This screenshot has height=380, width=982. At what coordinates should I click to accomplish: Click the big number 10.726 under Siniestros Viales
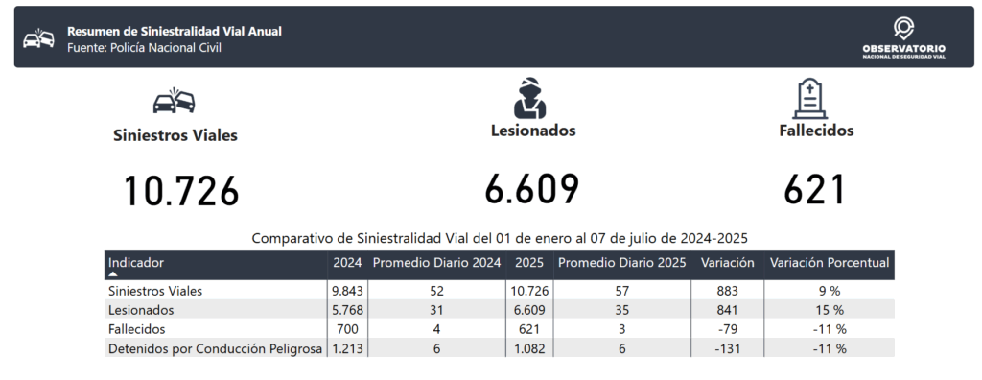pyautogui.click(x=181, y=191)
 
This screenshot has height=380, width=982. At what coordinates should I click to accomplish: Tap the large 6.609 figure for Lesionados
pyautogui.click(x=531, y=189)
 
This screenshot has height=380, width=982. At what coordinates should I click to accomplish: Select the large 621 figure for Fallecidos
pyautogui.click(x=815, y=189)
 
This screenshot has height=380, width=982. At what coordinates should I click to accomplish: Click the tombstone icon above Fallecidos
pyautogui.click(x=809, y=99)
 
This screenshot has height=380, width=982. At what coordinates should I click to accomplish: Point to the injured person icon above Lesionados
pyautogui.click(x=529, y=98)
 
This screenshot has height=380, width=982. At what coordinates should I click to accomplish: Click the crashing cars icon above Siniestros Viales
pyautogui.click(x=175, y=101)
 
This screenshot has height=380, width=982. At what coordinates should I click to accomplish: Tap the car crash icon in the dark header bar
pyautogui.click(x=38, y=38)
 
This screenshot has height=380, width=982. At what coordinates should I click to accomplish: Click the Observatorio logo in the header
pyautogui.click(x=903, y=37)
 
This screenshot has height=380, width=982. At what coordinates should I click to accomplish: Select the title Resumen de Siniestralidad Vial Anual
pyautogui.click(x=175, y=32)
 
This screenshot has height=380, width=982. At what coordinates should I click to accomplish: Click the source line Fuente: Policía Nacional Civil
pyautogui.click(x=144, y=48)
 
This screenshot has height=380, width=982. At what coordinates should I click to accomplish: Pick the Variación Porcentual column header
pyautogui.click(x=830, y=263)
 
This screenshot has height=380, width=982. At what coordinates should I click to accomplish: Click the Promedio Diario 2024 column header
pyautogui.click(x=436, y=263)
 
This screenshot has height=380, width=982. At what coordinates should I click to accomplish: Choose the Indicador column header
pyautogui.click(x=136, y=263)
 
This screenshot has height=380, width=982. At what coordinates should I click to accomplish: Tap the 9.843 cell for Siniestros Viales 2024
pyautogui.click(x=347, y=291)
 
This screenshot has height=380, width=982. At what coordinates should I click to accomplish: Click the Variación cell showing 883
pyautogui.click(x=728, y=291)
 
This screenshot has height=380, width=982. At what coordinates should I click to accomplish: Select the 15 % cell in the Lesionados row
pyautogui.click(x=830, y=310)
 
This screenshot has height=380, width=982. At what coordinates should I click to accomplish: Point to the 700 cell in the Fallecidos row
pyautogui.click(x=347, y=329)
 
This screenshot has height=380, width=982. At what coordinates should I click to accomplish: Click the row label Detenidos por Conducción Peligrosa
pyautogui.click(x=216, y=348)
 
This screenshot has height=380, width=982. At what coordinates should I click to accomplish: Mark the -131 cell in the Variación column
pyautogui.click(x=728, y=348)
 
